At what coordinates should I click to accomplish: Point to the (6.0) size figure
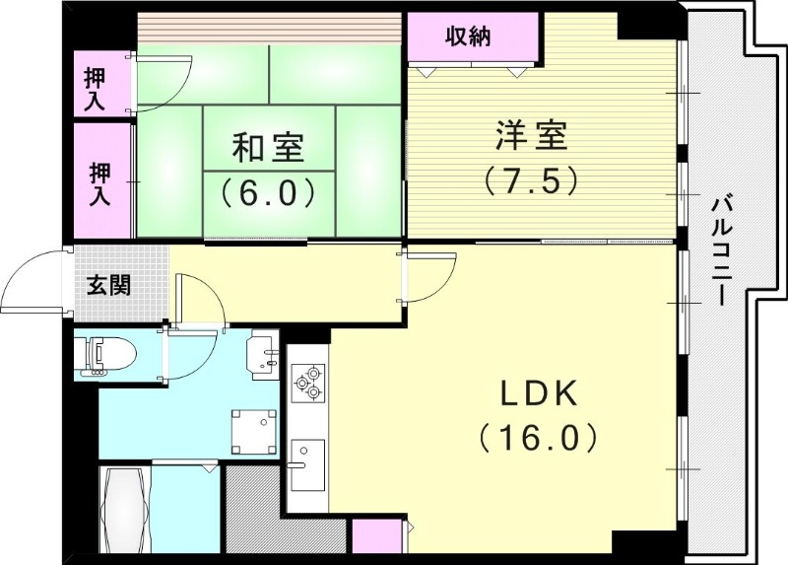pyautogui.click(x=268, y=188)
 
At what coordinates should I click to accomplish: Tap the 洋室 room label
pyautogui.click(x=531, y=136)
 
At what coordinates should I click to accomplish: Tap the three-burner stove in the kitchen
pyautogui.click(x=306, y=383)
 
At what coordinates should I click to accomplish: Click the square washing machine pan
pyautogui.click(x=253, y=430)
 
